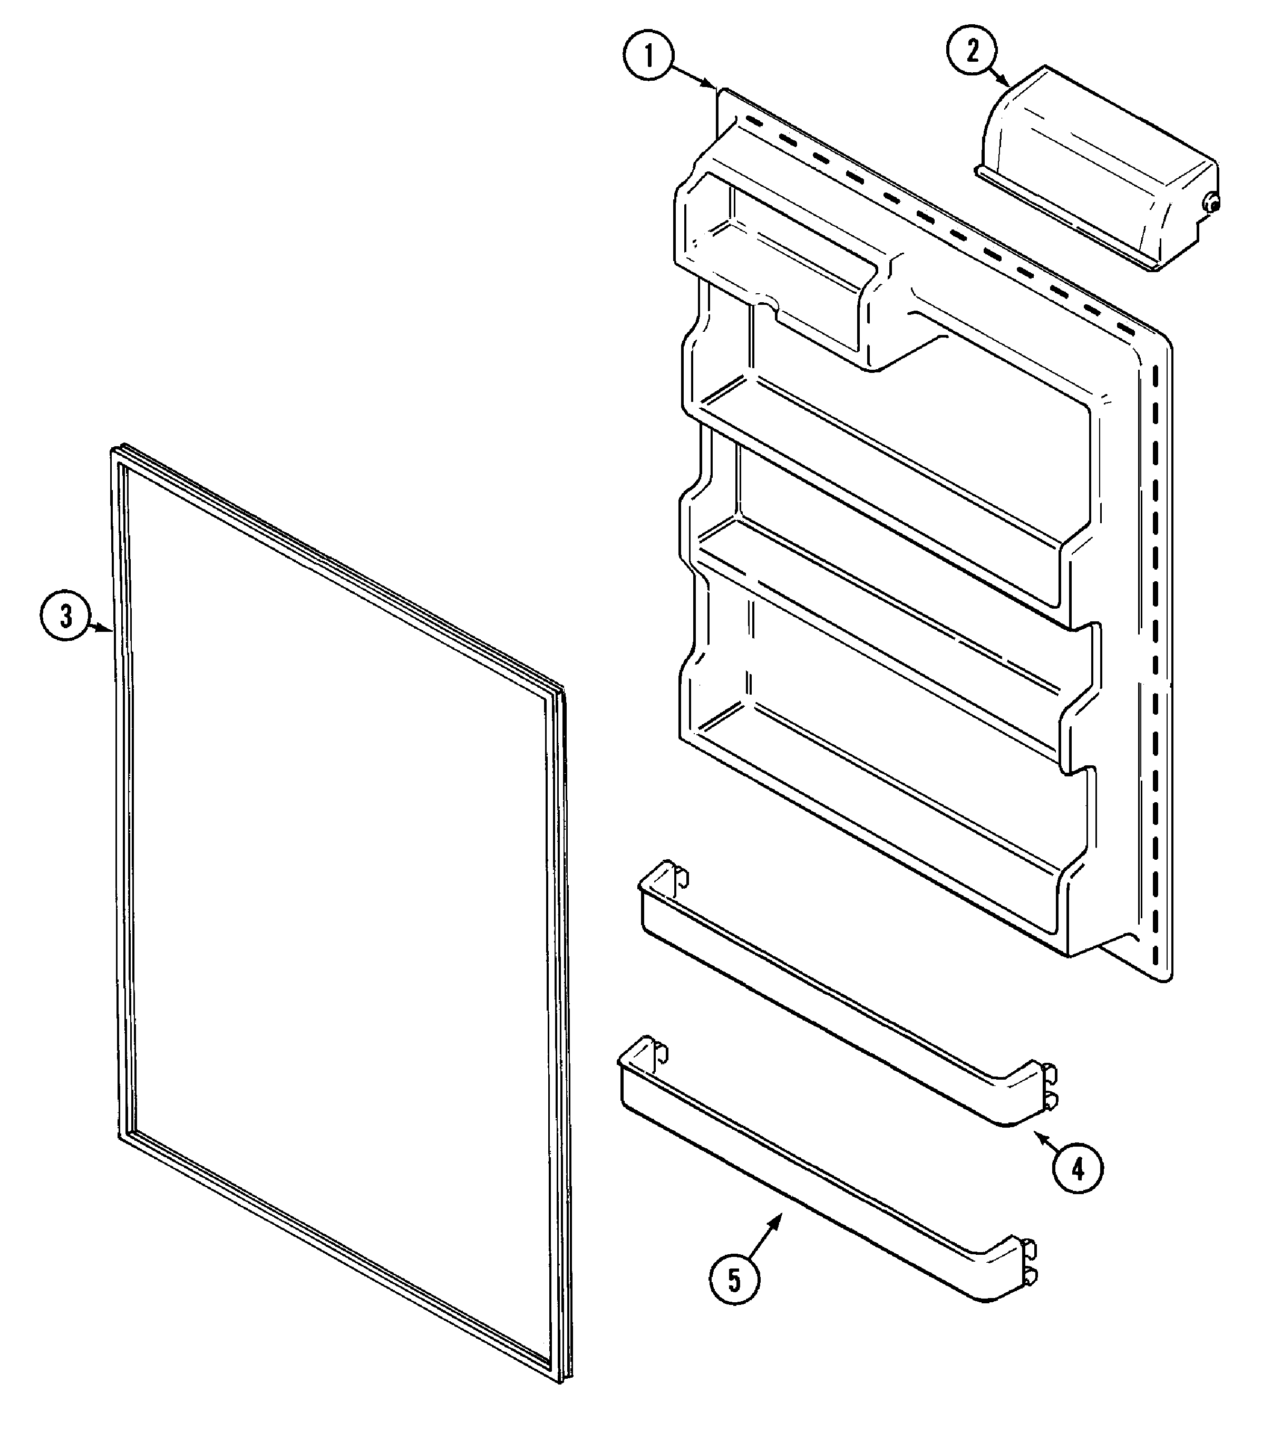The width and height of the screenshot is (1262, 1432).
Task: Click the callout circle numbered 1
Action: (x=648, y=56)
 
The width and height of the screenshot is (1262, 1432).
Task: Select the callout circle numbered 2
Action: (x=972, y=51)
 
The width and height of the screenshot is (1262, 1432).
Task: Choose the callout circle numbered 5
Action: (x=734, y=1280)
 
